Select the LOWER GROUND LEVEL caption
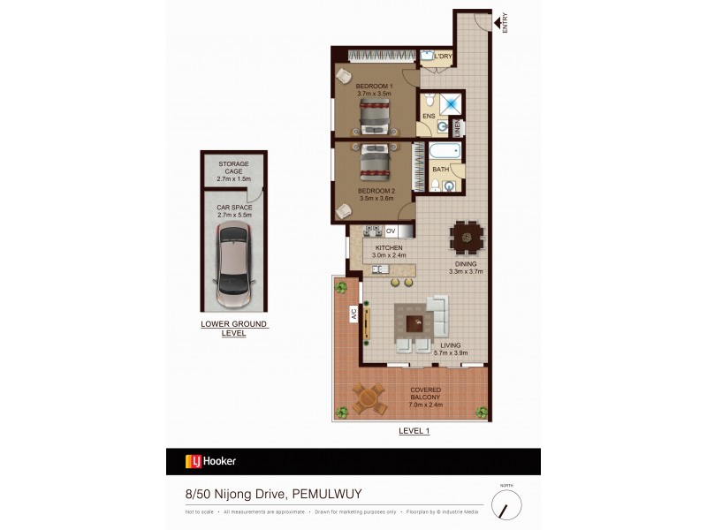point(234,329)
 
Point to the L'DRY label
point(443,57)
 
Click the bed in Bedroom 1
point(374,114)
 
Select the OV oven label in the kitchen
point(391,231)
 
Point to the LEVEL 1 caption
point(414,430)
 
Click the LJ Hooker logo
point(210,460)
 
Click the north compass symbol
point(506,504)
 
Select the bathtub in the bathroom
point(446,150)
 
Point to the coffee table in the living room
point(415,322)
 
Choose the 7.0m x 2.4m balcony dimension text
point(425,405)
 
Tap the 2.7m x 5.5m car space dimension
point(234,215)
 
